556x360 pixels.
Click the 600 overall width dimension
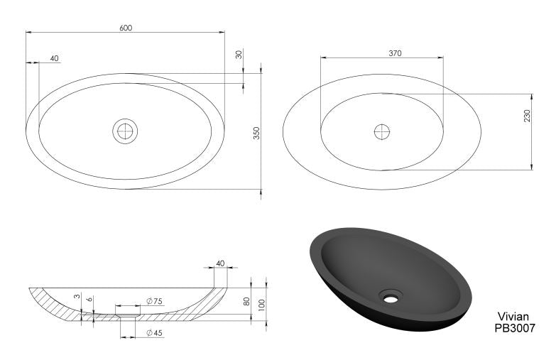coord(126,28)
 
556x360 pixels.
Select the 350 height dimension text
coord(257,133)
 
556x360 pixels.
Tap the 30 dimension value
coord(239,54)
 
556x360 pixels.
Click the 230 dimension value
coord(526,115)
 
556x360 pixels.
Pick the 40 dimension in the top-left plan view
coord(55,58)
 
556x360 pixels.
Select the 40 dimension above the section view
coord(219,263)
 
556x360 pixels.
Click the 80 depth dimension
coord(246,301)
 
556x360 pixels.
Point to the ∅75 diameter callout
coord(154,301)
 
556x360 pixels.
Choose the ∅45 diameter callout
coord(154,332)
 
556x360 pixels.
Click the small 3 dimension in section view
coord(77,297)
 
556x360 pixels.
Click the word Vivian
coord(515,317)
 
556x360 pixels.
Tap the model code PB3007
coord(515,328)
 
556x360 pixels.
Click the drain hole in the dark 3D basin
coord(390,296)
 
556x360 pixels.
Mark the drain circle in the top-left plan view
coord(125,131)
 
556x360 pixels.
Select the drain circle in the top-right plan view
coord(382,131)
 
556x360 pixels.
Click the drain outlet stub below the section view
coord(128,324)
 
